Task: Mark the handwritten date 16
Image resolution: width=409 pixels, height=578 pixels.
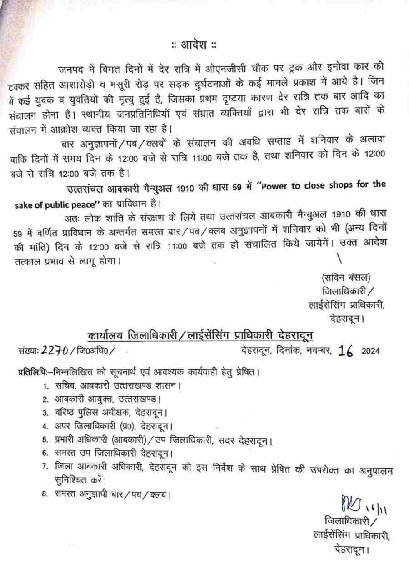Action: pyautogui.click(x=346, y=351)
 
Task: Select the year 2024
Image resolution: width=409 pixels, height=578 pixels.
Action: pyautogui.click(x=370, y=351)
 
